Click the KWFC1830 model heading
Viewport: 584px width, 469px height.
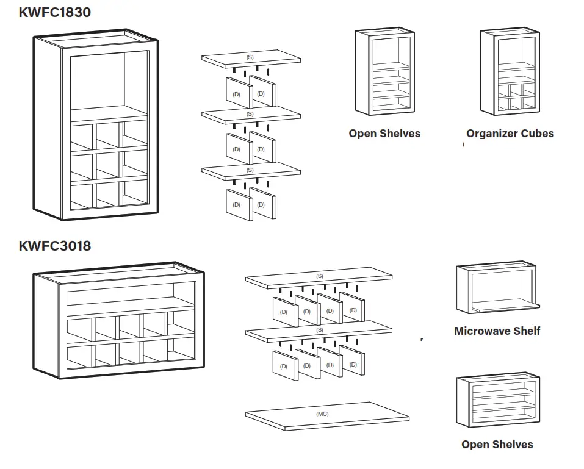pyautogui.click(x=55, y=12)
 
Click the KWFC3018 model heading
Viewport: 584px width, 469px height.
pyautogui.click(x=55, y=246)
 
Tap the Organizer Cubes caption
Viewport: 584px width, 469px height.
pyautogui.click(x=510, y=134)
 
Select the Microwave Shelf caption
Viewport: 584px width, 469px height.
pyautogui.click(x=497, y=331)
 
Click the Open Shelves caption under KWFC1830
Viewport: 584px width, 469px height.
pyautogui.click(x=384, y=134)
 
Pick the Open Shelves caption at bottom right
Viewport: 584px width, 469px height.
pyautogui.click(x=497, y=445)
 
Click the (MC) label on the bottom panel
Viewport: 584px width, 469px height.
pyautogui.click(x=322, y=414)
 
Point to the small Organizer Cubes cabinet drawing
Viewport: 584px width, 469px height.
pyautogui.click(x=508, y=72)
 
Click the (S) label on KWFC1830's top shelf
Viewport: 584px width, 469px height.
pyautogui.click(x=250, y=57)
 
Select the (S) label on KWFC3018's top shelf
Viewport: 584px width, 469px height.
pyautogui.click(x=320, y=277)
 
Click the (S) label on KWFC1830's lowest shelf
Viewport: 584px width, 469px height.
pyautogui.click(x=250, y=170)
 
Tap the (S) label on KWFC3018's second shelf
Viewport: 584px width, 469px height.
pyautogui.click(x=320, y=330)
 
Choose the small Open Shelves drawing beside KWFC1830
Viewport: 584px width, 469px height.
pyautogui.click(x=384, y=72)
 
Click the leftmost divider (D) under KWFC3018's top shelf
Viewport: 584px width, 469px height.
pyautogui.click(x=284, y=312)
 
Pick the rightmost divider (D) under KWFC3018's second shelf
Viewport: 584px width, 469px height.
pyautogui.click(x=353, y=364)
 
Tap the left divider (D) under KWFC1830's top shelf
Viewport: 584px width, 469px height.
pyautogui.click(x=237, y=94)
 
